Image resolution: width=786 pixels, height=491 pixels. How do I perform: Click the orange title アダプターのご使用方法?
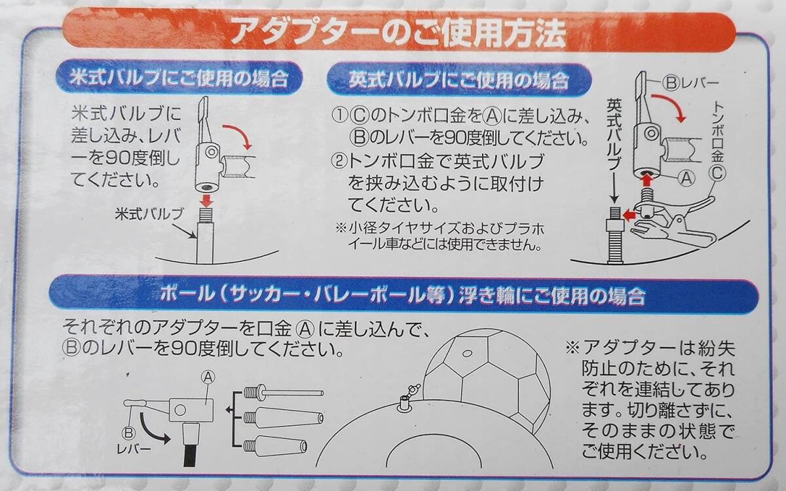coord(398,33)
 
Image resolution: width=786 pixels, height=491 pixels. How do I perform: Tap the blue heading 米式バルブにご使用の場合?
coord(179,78)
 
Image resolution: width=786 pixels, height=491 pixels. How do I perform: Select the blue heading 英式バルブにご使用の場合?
coord(458,81)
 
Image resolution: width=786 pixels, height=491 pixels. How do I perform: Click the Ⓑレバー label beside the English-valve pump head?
coord(690,82)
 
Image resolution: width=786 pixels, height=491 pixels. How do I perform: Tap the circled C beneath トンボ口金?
coord(717,173)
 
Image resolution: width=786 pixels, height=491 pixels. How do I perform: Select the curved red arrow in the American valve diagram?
coord(238,135)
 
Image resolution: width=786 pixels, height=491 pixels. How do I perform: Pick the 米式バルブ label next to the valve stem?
coord(149,214)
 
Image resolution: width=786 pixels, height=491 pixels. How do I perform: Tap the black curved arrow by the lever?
coord(153,429)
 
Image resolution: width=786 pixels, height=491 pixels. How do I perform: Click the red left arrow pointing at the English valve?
coord(630,214)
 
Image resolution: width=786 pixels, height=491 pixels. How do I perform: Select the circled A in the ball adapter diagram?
coord(208,377)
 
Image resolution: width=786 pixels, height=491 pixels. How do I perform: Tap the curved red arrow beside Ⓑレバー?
coord(669,107)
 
